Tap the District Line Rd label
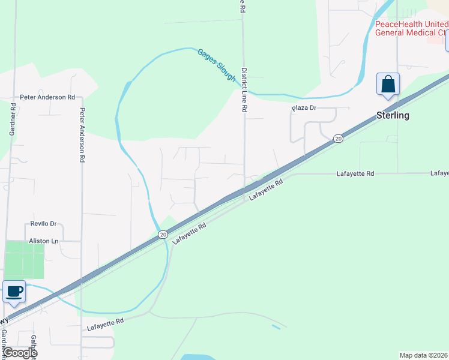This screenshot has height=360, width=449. point(244,91)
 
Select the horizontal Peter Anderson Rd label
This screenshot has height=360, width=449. point(47,97)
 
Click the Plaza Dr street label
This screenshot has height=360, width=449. point(304,108)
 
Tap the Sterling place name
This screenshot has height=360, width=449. point(393,115)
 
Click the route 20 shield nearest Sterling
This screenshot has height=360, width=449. point(339,139)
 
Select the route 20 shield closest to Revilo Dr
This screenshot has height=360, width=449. point(163,235)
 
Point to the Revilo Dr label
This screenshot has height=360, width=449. point(43,224)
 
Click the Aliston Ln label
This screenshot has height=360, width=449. point(43,241)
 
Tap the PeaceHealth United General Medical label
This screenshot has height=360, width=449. point(411,28)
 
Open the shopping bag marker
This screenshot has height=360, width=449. point(388,84)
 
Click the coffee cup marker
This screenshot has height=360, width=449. point(14,292)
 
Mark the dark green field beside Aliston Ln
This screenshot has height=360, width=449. point(24,260)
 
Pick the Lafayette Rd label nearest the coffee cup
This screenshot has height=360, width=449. point(105,325)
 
